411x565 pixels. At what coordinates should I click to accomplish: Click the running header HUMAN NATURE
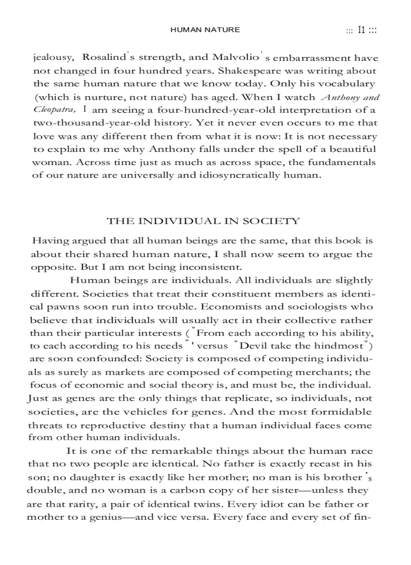[205, 30]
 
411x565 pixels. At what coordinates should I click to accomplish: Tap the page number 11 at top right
[361, 30]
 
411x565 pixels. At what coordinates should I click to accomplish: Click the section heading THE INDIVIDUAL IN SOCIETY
[203, 221]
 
